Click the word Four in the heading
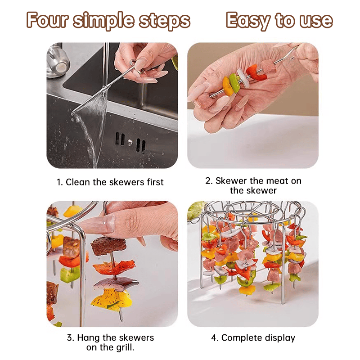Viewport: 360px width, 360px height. [46, 20]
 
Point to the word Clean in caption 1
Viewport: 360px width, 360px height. [78, 182]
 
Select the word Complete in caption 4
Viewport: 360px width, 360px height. [242, 337]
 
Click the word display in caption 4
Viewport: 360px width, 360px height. [280, 337]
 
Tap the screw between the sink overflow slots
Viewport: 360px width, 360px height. [129, 142]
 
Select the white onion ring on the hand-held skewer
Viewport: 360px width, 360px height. [242, 76]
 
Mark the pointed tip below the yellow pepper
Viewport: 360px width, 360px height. [121, 317]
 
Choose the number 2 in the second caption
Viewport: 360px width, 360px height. [208, 181]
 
